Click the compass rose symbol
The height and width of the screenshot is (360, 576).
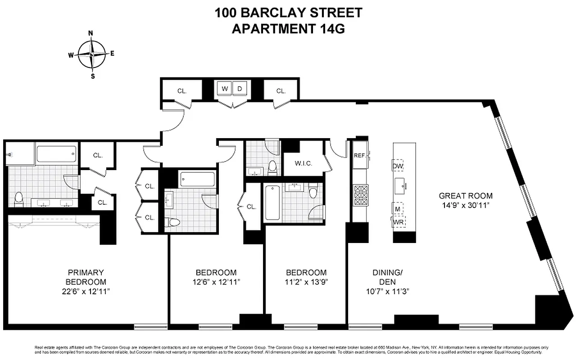coord(92,54)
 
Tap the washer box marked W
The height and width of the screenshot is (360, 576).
coord(224,89)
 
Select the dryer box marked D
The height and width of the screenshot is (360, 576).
coord(240,89)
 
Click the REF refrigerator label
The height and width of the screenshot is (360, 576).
coord(359,155)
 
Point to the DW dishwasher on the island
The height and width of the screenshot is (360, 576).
coord(398,166)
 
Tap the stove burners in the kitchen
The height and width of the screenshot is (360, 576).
coord(360,196)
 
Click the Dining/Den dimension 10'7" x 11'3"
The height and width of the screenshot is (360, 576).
coord(387,291)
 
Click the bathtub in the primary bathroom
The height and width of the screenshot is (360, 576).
coord(56,155)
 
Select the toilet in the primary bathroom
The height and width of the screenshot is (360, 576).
coord(19,199)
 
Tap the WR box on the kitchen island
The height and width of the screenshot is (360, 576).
coord(399,221)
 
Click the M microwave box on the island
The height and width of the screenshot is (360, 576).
coord(398,208)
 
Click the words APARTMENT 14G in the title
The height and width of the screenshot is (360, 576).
coord(288,28)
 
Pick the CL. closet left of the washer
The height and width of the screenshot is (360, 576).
coord(181,90)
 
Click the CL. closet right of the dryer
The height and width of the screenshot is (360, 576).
coord(281,90)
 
